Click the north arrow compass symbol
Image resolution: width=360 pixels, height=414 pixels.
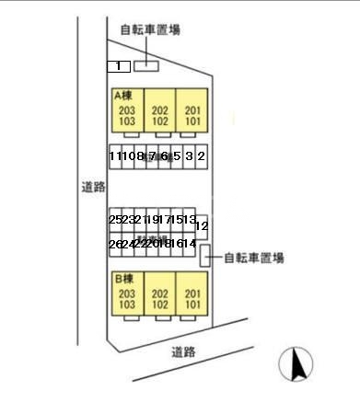pos(297,364)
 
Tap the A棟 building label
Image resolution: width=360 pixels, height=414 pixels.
pos(124,96)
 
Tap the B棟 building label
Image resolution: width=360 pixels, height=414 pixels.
pos(124,278)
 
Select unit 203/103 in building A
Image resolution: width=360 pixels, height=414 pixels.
pos(127,115)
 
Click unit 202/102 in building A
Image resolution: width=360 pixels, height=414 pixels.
pos(159,115)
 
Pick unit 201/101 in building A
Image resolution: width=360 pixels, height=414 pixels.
pos(192,115)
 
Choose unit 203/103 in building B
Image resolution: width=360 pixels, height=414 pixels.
pos(127,298)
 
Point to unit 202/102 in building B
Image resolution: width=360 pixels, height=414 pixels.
pos(159,298)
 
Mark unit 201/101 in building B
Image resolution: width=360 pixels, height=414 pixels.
pos(192,298)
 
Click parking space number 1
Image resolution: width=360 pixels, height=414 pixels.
pos(118,66)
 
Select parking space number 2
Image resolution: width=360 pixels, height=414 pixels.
pos(201,156)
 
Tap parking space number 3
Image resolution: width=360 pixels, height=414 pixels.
pos(189,156)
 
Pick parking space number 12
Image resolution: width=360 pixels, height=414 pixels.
pos(202,225)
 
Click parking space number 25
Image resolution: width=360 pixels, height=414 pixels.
pos(114,220)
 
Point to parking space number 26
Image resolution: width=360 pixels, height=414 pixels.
pos(114,243)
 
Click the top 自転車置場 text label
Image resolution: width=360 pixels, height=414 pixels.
pos(150,29)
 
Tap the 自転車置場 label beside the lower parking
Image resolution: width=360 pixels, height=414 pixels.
pos(253,258)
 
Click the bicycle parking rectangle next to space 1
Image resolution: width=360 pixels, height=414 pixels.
pos(146,66)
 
